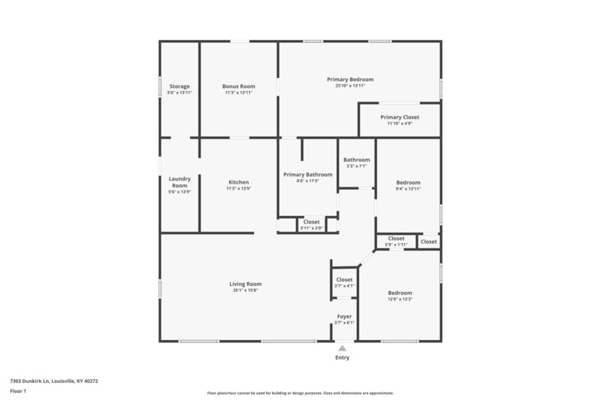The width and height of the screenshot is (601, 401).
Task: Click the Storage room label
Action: pyautogui.click(x=180, y=87)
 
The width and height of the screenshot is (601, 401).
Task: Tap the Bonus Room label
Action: pyautogui.click(x=238, y=87)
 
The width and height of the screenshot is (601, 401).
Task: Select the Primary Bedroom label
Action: pyautogui.click(x=350, y=79)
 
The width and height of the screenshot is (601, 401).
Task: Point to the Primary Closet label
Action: pyautogui.click(x=400, y=117)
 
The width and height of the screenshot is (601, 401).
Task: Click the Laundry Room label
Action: pyautogui.click(x=180, y=182)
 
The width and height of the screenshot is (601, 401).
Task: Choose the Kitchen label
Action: pyautogui.click(x=238, y=182)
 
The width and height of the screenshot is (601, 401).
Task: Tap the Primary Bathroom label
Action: pyautogui.click(x=307, y=175)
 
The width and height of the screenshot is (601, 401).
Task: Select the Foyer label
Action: pyautogui.click(x=344, y=317)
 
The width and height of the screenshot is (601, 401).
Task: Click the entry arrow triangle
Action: pyautogui.click(x=342, y=348)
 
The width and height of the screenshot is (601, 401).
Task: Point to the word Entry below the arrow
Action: pyautogui.click(x=342, y=358)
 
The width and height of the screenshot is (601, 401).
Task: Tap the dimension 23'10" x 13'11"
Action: pyautogui.click(x=350, y=86)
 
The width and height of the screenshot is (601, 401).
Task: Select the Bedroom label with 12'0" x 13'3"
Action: pyautogui.click(x=400, y=293)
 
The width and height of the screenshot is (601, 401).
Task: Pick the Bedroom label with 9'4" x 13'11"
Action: pyautogui.click(x=408, y=182)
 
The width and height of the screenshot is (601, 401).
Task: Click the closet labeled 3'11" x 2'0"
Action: pyautogui.click(x=311, y=222)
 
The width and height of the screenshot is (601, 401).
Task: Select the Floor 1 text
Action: pyautogui.click(x=18, y=391)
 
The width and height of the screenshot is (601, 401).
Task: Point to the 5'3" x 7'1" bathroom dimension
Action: pyautogui.click(x=356, y=166)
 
